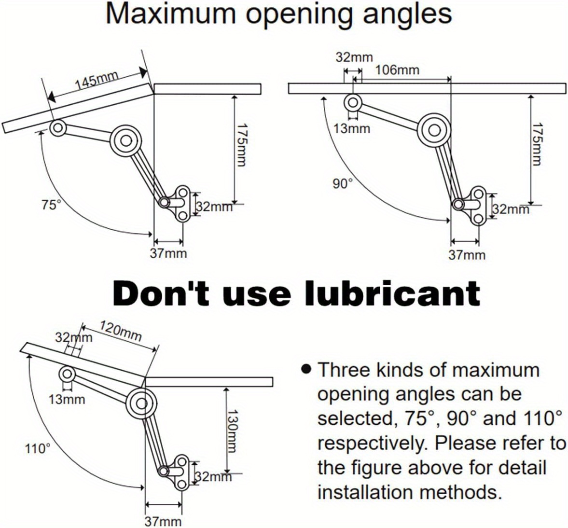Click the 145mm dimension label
(97, 81)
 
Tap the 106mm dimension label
(397, 69)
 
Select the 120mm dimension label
(121, 331)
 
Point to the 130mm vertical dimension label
(231, 431)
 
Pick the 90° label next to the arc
(343, 184)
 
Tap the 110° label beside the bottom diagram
(37, 448)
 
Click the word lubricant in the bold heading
(392, 293)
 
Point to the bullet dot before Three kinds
(306, 369)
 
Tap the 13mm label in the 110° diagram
(67, 399)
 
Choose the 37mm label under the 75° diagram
(168, 253)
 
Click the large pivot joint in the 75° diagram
(125, 140)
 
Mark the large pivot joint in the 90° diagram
(434, 129)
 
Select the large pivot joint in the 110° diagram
(141, 403)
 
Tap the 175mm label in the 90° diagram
(538, 144)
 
